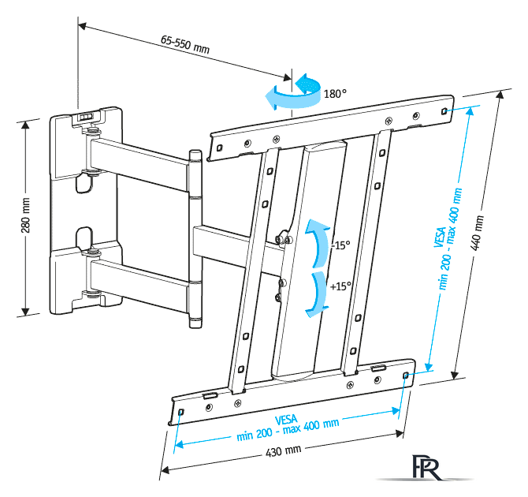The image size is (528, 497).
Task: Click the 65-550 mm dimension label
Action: click(x=185, y=43)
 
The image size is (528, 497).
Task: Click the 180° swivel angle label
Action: click(x=335, y=94)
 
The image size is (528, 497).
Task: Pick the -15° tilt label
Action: click(x=340, y=245)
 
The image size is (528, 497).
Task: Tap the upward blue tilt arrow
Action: click(x=318, y=243)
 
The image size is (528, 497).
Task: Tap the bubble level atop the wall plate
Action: click(x=87, y=116)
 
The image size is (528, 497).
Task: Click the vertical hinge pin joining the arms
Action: click(x=195, y=237)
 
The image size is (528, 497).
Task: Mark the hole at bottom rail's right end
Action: click(x=406, y=376)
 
